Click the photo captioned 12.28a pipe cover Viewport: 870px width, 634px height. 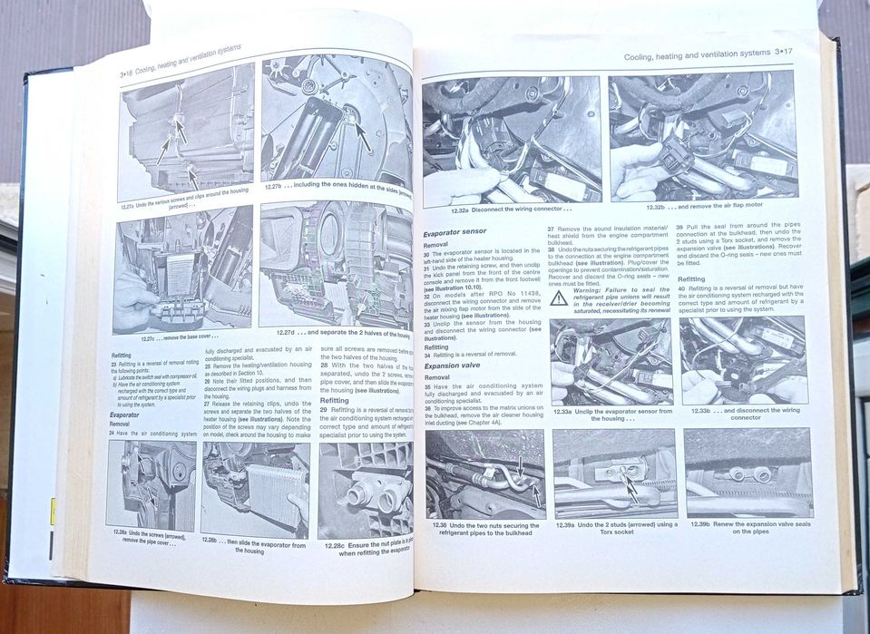(151, 485)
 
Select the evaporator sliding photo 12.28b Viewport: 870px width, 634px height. (255, 491)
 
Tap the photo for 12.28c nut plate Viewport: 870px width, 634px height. (365, 491)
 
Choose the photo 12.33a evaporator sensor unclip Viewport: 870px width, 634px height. (610, 361)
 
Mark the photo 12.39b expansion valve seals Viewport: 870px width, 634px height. (748, 472)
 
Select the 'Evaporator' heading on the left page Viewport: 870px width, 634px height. (123, 415)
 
